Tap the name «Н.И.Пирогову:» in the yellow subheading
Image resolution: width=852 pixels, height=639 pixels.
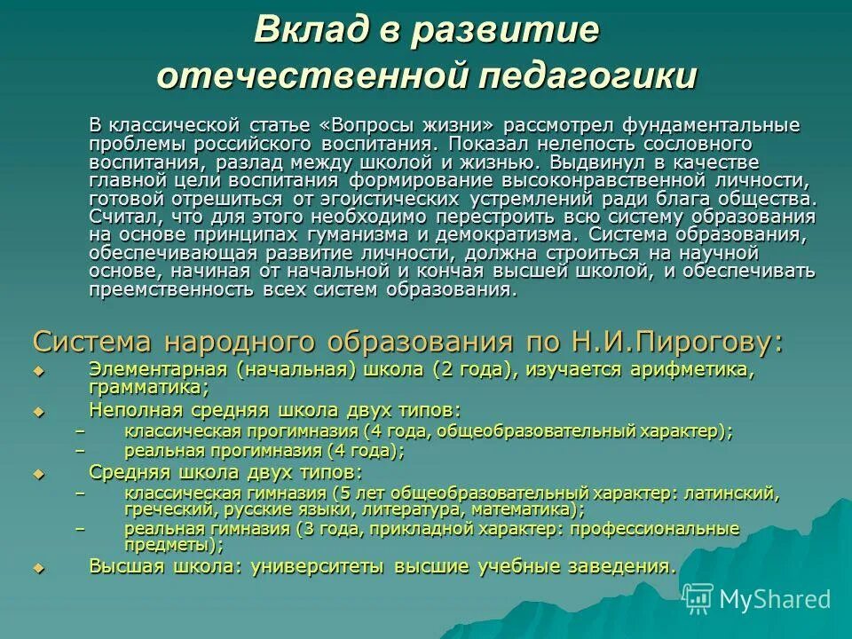click(684, 342)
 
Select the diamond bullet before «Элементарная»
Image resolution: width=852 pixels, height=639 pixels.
click(37, 371)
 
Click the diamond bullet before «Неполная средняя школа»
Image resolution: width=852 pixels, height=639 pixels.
click(37, 411)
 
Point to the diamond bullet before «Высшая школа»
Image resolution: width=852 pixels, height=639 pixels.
click(37, 566)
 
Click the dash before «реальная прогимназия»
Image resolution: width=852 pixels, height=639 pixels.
click(82, 451)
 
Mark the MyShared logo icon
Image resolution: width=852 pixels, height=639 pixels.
click(698, 599)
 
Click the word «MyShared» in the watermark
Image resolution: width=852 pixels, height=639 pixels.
click(776, 599)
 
